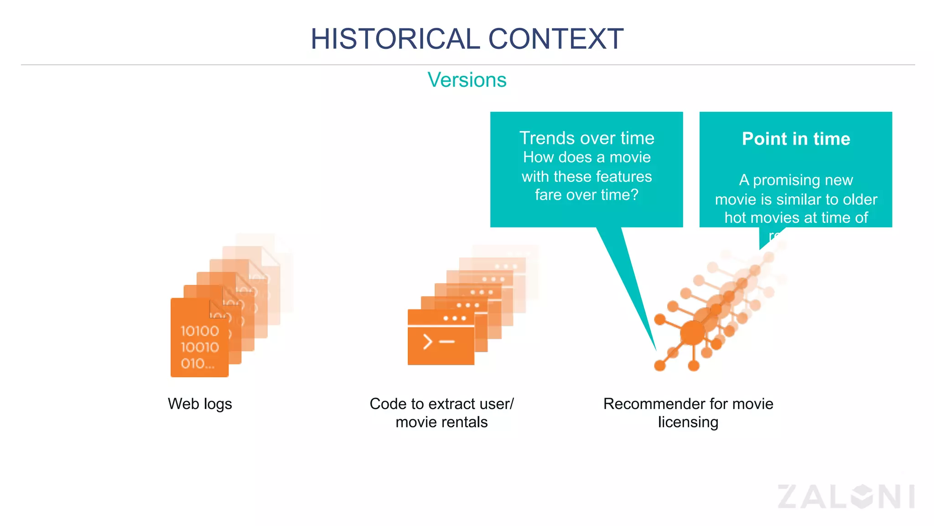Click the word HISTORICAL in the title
coord(395,39)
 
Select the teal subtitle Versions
coord(467,80)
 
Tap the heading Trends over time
coord(586,138)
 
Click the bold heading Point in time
coord(796,139)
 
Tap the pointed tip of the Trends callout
coord(655,349)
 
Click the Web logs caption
coord(200,404)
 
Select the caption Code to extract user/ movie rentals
coord(441,413)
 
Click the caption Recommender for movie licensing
coord(688,413)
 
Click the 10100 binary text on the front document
coord(200,331)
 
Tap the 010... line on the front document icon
coord(197,363)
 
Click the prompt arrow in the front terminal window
coord(427,342)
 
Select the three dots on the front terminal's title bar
coord(454,318)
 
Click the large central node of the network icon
coord(692,333)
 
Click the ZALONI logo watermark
coord(846,496)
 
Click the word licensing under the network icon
coord(688,422)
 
